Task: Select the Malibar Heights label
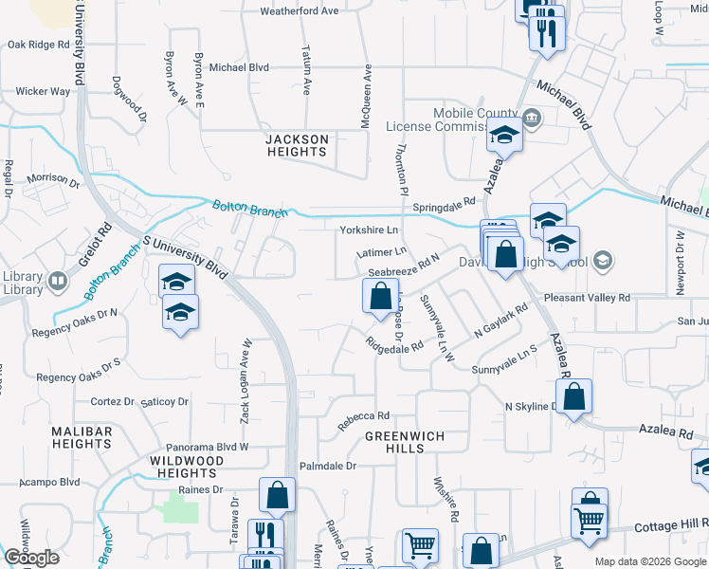[x=82, y=438]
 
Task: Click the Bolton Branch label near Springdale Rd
[x=249, y=209]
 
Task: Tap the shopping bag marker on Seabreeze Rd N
[x=379, y=297]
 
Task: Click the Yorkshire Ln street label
[x=369, y=230]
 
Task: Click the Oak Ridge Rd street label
[x=38, y=45]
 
